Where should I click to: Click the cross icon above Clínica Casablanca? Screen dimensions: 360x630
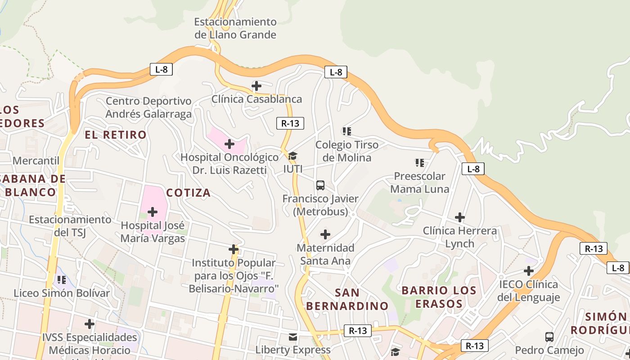click(x=256, y=85)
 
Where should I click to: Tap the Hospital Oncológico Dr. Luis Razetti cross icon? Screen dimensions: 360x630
click(x=229, y=144)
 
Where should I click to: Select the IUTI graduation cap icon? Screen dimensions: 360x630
click(x=292, y=156)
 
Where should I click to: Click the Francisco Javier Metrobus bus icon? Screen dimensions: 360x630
click(x=320, y=185)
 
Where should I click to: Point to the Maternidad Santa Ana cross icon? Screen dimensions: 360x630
click(x=325, y=234)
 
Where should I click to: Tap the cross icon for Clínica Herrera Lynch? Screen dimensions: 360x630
click(x=459, y=217)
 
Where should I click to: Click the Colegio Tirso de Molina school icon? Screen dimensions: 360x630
click(x=346, y=131)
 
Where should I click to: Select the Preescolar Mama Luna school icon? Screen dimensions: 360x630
click(x=419, y=162)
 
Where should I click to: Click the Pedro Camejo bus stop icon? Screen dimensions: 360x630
click(x=549, y=337)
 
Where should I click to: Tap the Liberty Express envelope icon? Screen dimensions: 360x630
click(x=293, y=337)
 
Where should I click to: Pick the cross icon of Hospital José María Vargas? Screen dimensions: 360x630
click(x=153, y=211)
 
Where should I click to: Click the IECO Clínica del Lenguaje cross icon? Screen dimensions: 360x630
click(x=529, y=271)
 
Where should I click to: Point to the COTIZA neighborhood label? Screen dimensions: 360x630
click(x=189, y=193)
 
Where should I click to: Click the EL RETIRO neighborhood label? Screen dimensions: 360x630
click(x=116, y=135)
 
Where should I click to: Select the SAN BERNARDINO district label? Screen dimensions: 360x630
click(x=347, y=299)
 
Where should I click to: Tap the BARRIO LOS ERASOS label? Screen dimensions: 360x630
click(x=439, y=297)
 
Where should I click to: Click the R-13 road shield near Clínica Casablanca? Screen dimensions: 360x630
click(x=290, y=123)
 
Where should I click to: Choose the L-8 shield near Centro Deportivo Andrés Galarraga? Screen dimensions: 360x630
click(x=161, y=69)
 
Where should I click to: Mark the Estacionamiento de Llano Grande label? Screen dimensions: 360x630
click(x=235, y=28)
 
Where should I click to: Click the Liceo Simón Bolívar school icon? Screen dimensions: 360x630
click(x=62, y=280)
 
